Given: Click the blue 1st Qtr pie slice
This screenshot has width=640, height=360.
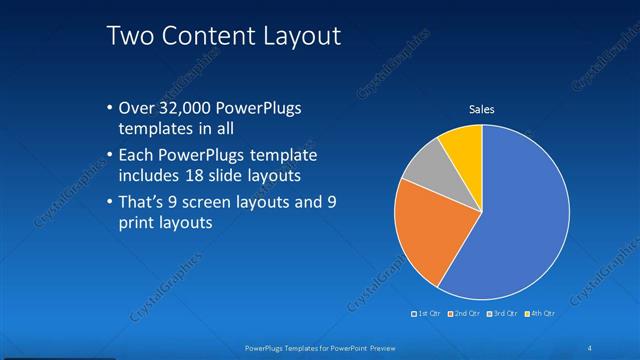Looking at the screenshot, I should coord(520,220).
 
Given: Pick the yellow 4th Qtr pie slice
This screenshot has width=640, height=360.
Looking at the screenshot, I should coord(464,145).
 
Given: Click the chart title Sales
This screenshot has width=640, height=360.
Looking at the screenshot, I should coord(482,109).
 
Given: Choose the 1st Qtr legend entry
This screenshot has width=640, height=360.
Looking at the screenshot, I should coord(426,313).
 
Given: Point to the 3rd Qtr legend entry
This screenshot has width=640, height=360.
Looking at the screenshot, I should coord(502,313).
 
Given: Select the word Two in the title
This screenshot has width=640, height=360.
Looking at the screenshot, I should coord(130,36).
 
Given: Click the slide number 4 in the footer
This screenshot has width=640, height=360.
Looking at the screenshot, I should coord(590,347).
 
